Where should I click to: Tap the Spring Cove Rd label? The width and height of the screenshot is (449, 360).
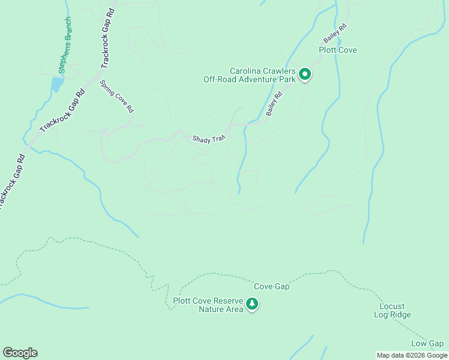pyautogui.click(x=116, y=97)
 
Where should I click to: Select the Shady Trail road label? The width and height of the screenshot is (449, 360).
pyautogui.click(x=208, y=139)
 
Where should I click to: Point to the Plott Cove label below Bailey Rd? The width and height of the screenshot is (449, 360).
pyautogui.click(x=337, y=50)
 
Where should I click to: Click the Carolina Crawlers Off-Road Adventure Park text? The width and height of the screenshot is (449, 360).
pyautogui.click(x=249, y=74)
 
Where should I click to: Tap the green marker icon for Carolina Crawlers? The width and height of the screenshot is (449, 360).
pyautogui.click(x=305, y=74)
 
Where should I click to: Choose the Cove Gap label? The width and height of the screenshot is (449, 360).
pyautogui.click(x=271, y=286)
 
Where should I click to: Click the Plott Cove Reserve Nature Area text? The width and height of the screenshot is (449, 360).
pyautogui.click(x=208, y=305)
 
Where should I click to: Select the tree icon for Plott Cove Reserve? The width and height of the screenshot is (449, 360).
pyautogui.click(x=253, y=304)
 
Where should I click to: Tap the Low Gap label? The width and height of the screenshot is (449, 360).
pyautogui.click(x=427, y=343)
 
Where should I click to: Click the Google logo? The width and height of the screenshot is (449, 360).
pyautogui.click(x=20, y=352)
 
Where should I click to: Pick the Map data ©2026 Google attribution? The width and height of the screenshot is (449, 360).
pyautogui.click(x=412, y=355)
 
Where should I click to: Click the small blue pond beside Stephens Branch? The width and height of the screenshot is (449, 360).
pyautogui.click(x=56, y=85)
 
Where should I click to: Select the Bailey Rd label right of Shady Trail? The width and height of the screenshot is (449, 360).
pyautogui.click(x=274, y=104)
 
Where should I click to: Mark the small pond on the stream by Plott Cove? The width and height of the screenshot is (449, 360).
pyautogui.click(x=339, y=42)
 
